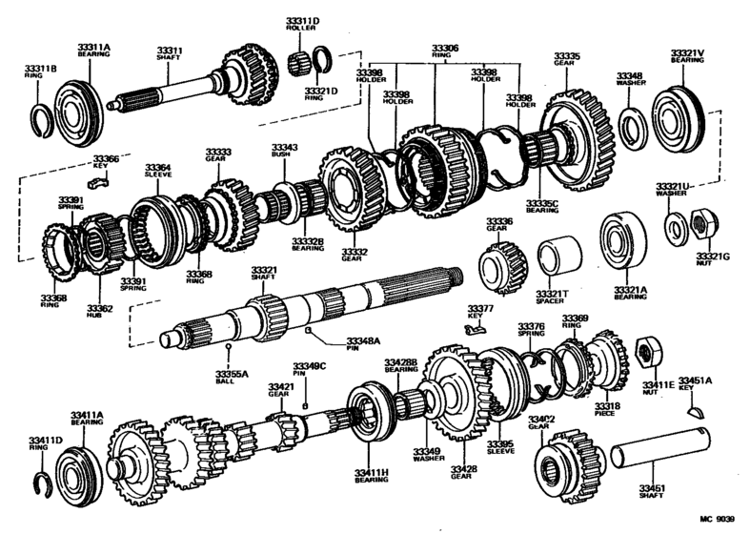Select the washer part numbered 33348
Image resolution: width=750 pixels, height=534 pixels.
630,126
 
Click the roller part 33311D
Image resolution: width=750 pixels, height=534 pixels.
300,64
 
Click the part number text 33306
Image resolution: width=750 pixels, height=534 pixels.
444,47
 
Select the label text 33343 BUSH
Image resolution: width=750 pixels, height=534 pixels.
285,152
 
